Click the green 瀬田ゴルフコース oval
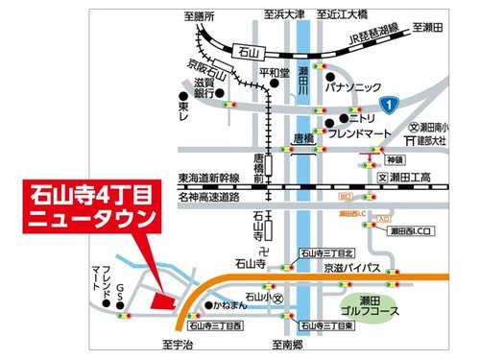point(364,309)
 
